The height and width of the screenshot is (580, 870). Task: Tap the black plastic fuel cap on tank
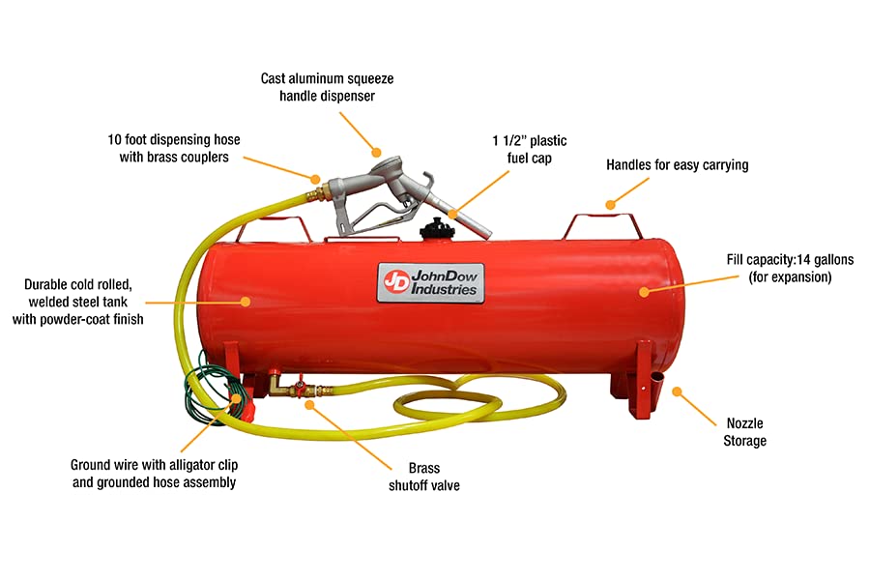click(x=432, y=232)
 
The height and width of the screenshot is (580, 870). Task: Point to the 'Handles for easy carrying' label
click(x=677, y=165)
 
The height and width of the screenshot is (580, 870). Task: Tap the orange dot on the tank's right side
click(x=643, y=289)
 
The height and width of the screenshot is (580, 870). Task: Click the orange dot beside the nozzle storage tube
click(x=677, y=392)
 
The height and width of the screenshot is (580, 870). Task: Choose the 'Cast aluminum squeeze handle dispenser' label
click(x=327, y=87)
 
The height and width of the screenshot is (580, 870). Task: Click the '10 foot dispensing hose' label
click(x=174, y=148)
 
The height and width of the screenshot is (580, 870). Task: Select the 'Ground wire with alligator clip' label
click(x=154, y=473)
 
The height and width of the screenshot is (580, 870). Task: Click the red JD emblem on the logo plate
click(x=394, y=279)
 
